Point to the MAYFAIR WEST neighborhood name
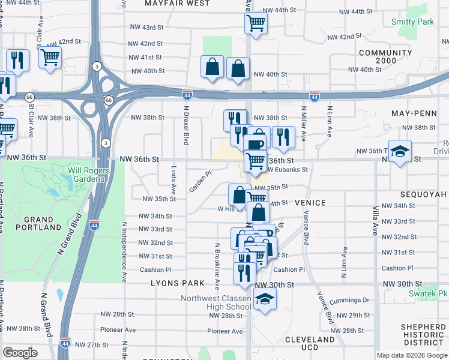click(x=178, y=4)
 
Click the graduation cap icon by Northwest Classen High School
click(x=264, y=298)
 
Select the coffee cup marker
click(x=255, y=145)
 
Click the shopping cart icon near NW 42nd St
click(x=50, y=58)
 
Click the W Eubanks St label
click(x=290, y=170)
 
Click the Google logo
click(x=20, y=353)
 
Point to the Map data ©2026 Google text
click(x=411, y=355)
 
